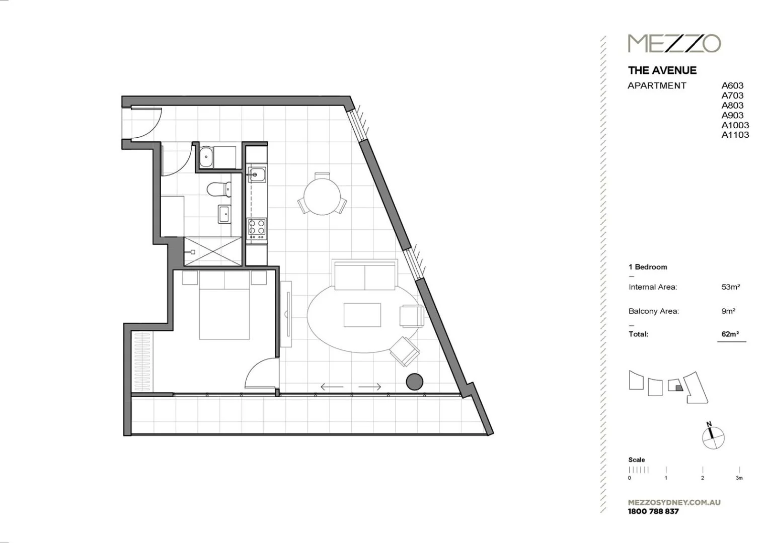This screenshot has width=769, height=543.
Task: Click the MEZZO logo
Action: [x=674, y=43]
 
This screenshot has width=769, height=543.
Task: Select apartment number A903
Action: [x=732, y=115]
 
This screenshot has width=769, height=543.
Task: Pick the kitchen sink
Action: [x=257, y=175]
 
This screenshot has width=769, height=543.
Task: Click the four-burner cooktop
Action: [x=257, y=229]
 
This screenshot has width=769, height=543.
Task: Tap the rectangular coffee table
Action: [x=362, y=315]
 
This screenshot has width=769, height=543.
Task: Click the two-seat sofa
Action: [x=364, y=276]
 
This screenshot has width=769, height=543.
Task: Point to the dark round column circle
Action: [x=414, y=382]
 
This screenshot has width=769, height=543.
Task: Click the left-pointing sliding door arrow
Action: [x=332, y=387]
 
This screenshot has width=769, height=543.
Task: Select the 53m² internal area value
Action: [x=730, y=287]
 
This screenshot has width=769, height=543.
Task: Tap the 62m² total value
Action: [x=730, y=334]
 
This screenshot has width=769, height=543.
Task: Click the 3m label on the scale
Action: [x=739, y=478]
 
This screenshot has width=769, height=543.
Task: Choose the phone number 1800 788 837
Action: [x=653, y=511]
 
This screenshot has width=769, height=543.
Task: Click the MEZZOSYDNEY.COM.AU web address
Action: [x=674, y=502]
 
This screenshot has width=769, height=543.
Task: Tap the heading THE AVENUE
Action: [x=662, y=70]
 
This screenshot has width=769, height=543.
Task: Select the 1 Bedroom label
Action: [x=648, y=267]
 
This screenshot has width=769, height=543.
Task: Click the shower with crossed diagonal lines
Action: [x=212, y=251]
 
